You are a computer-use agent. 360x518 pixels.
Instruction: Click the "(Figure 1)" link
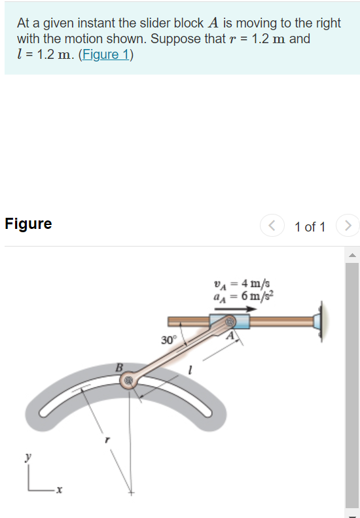pos(105,55)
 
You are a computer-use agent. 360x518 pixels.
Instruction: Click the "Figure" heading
pos(28,224)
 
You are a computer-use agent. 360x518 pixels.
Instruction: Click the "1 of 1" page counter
pos(310,227)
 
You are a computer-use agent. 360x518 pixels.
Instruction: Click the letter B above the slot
pos(120,368)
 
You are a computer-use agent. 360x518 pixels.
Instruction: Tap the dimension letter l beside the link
pos(190,371)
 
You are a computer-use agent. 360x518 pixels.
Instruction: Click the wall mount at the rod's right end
pos(321,322)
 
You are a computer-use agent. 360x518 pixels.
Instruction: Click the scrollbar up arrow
pos(351,254)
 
